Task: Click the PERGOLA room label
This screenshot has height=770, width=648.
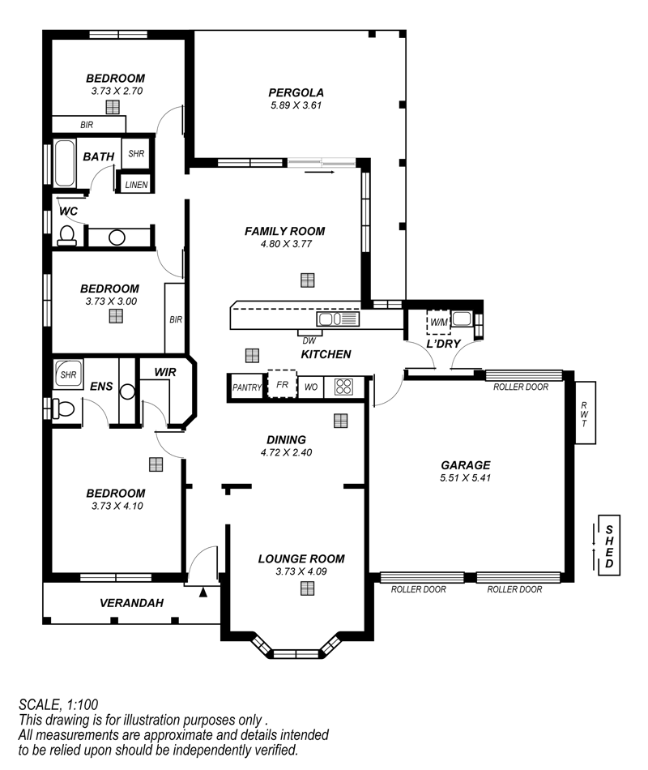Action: [x=296, y=92]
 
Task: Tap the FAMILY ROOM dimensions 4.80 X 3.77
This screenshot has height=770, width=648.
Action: [x=286, y=244]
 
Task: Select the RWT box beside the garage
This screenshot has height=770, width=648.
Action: [x=585, y=413]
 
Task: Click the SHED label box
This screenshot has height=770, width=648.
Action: [x=609, y=545]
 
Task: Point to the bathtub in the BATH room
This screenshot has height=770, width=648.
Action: [x=64, y=164]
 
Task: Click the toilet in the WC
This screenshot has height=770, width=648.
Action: [x=66, y=235]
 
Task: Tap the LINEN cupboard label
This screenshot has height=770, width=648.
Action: [x=136, y=185]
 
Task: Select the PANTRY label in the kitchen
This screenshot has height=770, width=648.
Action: [x=247, y=387]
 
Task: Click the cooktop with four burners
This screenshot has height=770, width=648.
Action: [x=343, y=387]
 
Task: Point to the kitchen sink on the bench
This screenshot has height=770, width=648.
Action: [x=338, y=319]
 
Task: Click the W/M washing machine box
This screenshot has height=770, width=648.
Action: [x=438, y=322]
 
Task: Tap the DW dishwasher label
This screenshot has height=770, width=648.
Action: [x=309, y=340]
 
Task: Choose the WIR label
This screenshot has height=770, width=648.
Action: [x=165, y=372]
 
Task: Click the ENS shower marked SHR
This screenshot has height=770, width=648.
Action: [x=68, y=374]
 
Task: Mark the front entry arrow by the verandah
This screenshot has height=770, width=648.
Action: [x=203, y=592]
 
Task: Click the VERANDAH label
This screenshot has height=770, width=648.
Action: [x=131, y=603]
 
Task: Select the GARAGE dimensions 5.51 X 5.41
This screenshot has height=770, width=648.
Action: [x=466, y=478]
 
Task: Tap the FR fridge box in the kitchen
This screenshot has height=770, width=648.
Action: [x=282, y=384]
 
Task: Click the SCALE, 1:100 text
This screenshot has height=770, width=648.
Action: [x=58, y=704]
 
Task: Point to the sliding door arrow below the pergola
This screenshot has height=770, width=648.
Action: [x=319, y=173]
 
